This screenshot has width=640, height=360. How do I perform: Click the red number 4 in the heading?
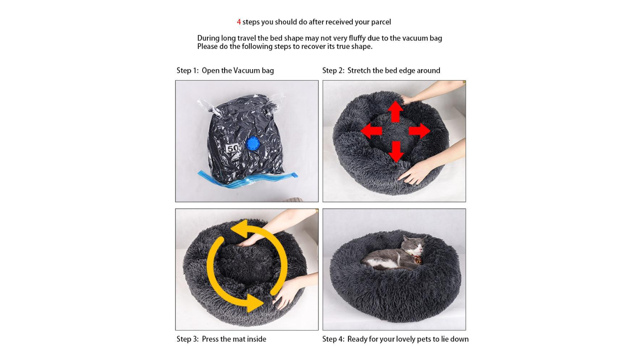click(239, 22)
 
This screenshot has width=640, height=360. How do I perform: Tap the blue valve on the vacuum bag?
click(253, 145)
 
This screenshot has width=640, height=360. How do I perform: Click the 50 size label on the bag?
click(233, 148)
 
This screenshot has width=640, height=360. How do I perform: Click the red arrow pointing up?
click(395, 111)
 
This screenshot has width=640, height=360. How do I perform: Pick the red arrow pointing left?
click(371, 131)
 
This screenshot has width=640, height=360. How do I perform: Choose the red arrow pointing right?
click(419, 131)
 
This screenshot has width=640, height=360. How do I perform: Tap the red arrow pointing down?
click(396, 151)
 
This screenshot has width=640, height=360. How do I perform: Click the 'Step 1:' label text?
click(187, 70)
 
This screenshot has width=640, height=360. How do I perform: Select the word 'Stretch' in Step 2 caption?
click(359, 70)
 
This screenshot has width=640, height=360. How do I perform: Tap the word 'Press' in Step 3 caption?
click(210, 339)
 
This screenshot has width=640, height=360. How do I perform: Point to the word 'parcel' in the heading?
click(381, 22)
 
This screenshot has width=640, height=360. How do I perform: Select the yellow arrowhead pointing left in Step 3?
click(239, 228)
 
